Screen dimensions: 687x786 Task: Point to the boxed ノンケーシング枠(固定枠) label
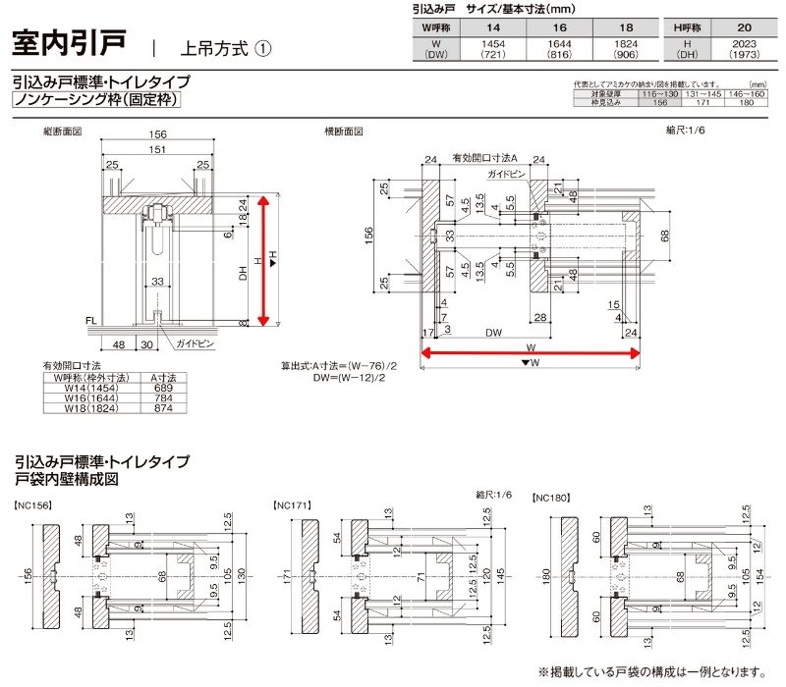[x=97, y=99]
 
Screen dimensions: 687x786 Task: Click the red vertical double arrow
[x=262, y=260]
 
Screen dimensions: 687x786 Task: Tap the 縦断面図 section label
[x=61, y=131]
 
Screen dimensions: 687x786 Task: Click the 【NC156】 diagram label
[x=33, y=506]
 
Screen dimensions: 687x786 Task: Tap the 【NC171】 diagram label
[x=291, y=506]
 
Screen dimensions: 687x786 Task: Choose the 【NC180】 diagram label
[x=554, y=499]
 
